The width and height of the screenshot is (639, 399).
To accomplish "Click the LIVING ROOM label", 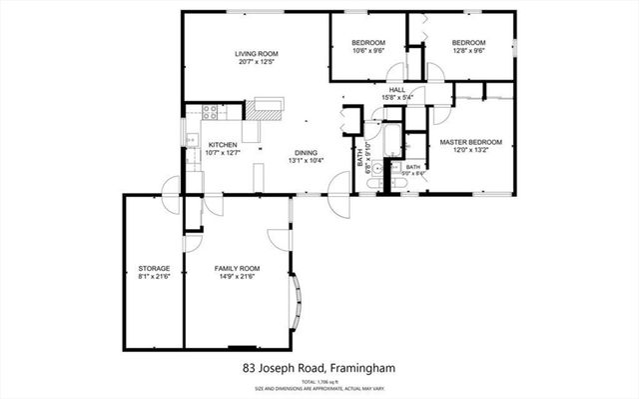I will pyautogui.click(x=257, y=53).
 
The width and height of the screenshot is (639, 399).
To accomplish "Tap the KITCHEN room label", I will pyautogui.click(x=221, y=144).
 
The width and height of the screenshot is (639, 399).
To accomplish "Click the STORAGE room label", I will pyautogui.click(x=154, y=268).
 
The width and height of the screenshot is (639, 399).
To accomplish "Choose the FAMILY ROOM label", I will pyautogui.click(x=237, y=268).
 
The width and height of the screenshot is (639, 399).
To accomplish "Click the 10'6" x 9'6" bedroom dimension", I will pyautogui.click(x=367, y=51).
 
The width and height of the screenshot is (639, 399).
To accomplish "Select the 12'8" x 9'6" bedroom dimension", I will pyautogui.click(x=467, y=51).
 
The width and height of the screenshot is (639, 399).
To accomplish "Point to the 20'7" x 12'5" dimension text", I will pyautogui.click(x=257, y=62).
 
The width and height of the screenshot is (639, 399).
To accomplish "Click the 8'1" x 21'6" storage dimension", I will pyautogui.click(x=154, y=277).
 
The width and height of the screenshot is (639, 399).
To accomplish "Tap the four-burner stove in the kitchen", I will pyautogui.click(x=211, y=112).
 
